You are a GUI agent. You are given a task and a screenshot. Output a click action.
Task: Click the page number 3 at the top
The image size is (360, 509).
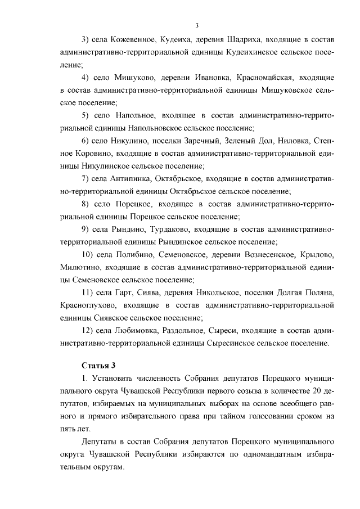click(x=197, y=25)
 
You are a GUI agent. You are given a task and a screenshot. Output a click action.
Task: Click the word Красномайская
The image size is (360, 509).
click(x=251, y=76)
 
